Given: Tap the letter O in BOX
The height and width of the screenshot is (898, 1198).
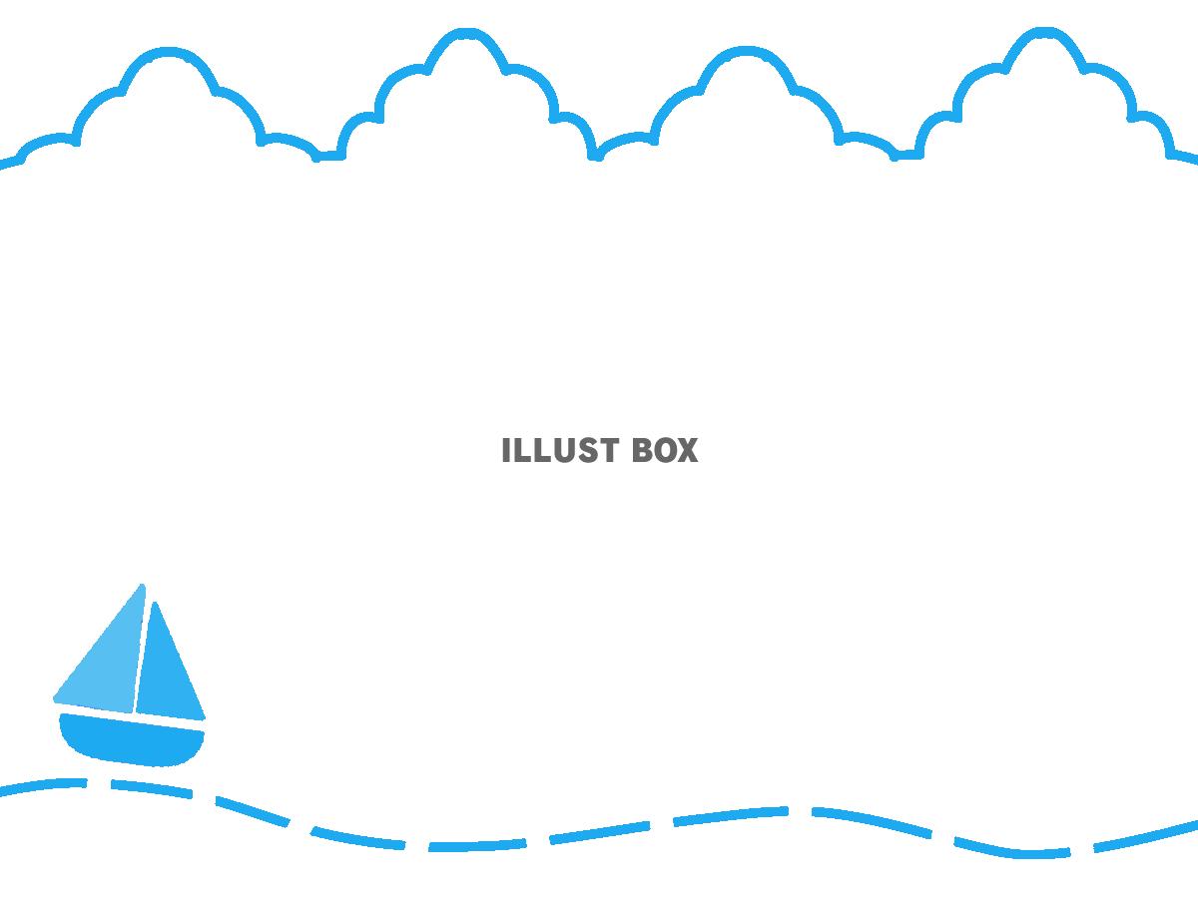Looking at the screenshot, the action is coord(665,450).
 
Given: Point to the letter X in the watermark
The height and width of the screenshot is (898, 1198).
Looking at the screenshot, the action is coord(688,450).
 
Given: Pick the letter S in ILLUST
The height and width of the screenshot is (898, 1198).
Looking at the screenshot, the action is coord(583,450).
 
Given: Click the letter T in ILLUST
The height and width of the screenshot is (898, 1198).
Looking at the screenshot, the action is coord(607,450).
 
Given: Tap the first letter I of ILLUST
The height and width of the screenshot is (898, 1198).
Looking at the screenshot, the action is coord(505,450).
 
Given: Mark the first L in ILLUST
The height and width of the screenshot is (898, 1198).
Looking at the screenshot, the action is coord(521,450).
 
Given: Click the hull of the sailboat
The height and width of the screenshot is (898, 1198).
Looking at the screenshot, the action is coord(131,740).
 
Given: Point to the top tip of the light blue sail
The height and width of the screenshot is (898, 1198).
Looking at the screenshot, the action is coord(143,585).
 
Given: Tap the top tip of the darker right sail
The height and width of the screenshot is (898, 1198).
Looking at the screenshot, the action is coord(155,603).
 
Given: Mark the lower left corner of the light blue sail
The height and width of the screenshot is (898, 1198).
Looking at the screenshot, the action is coord(55,698).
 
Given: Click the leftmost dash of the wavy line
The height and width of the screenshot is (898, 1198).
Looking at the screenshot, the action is coord(43,786).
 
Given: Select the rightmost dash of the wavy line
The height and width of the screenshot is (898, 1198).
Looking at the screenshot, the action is coord(1146,835).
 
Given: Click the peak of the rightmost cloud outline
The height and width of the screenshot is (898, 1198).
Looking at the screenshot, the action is coord(1043,32).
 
